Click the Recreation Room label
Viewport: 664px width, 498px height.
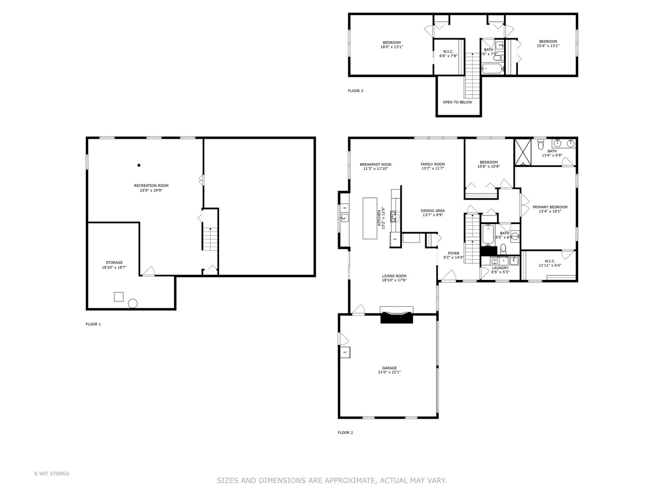[151, 185]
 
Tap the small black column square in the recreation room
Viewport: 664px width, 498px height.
[138, 165]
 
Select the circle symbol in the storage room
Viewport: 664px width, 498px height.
[133, 303]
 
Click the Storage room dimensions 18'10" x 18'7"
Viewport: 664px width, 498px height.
[114, 267]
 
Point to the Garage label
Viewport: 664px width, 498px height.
[389, 368]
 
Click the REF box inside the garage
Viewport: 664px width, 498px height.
[345, 352]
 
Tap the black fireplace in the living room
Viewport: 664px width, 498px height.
[396, 317]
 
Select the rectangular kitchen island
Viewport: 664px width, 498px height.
[370, 218]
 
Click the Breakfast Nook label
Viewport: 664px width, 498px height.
[376, 164]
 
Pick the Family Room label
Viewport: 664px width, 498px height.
[433, 164]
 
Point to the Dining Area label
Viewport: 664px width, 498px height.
[433, 211]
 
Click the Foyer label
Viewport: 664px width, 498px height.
[454, 253]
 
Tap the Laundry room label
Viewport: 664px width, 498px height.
[500, 268]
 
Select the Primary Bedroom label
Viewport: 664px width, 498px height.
[550, 207]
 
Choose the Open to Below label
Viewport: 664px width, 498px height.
[457, 102]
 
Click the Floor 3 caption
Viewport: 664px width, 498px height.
[356, 91]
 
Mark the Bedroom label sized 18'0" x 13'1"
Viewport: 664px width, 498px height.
[391, 42]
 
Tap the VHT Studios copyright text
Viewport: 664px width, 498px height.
[52, 474]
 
